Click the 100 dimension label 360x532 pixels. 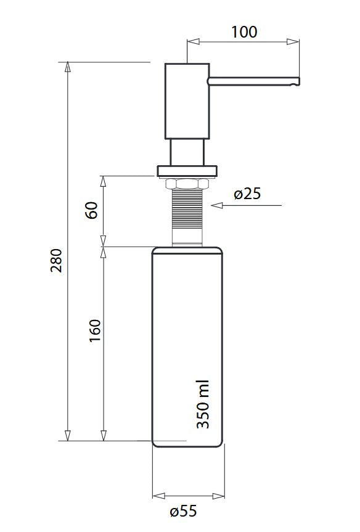(244, 32)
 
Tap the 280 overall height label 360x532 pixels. (57, 261)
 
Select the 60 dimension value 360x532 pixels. (92, 210)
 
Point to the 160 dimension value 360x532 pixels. (95, 330)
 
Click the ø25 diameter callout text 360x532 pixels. (247, 194)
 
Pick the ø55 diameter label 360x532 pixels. (183, 511)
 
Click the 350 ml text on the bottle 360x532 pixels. (203, 404)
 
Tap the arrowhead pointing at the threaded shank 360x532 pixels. (217, 205)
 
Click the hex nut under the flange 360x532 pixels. (186, 184)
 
